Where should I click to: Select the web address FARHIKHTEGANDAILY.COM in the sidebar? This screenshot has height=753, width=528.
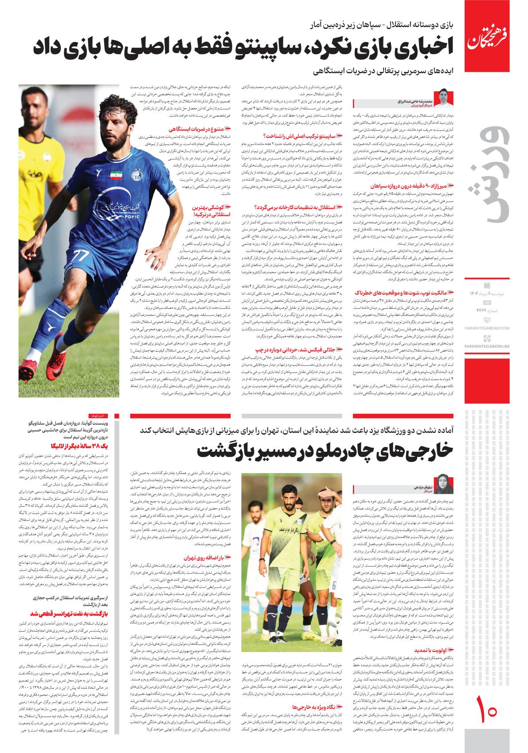[488, 316]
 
